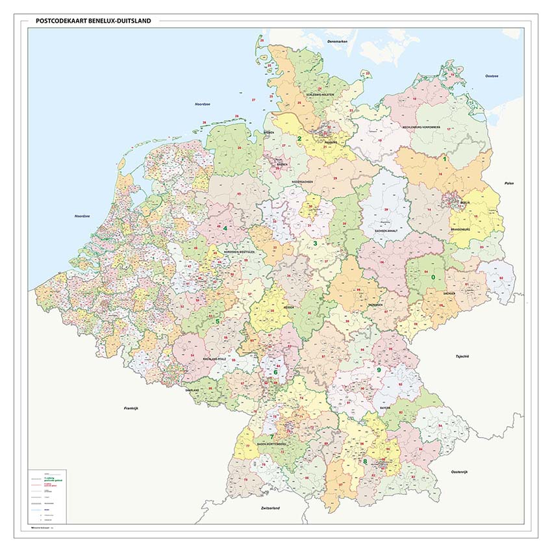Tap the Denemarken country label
[338, 42]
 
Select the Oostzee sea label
[492, 76]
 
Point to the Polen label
[508, 183]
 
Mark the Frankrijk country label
[132, 408]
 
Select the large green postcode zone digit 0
[433, 277]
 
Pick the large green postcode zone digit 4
[225, 229]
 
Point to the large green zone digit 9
[379, 370]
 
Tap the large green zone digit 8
[365, 462]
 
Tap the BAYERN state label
[386, 408]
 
